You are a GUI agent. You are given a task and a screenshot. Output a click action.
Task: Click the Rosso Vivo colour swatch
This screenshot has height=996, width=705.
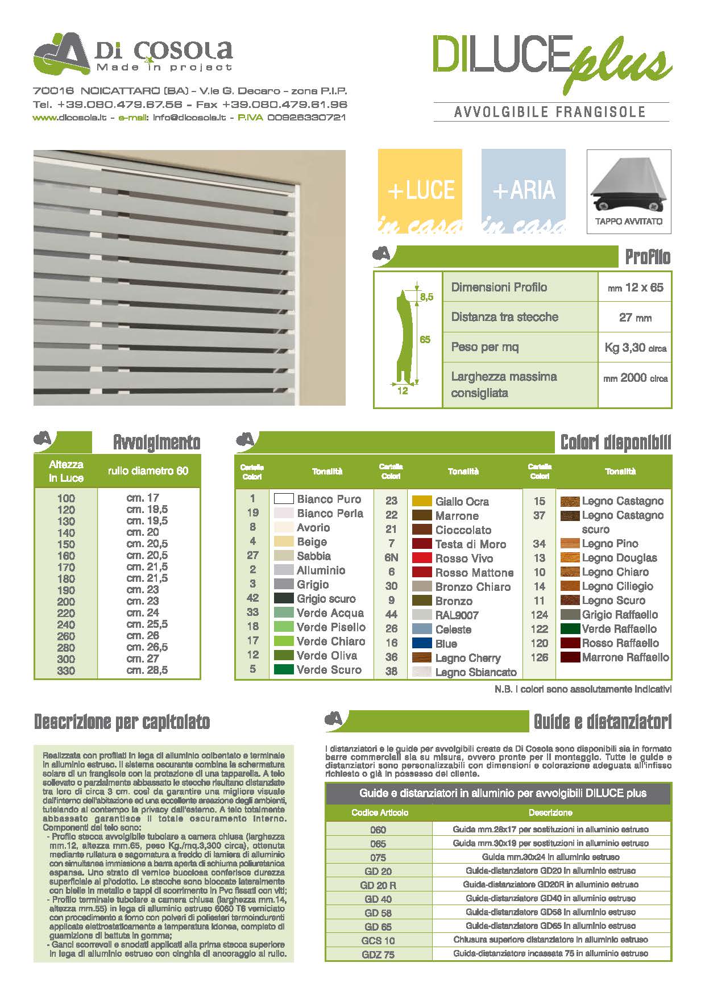click(422, 558)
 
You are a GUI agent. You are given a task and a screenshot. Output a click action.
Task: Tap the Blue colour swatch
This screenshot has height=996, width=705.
click(422, 643)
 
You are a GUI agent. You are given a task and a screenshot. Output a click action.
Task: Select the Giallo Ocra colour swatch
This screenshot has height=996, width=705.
click(422, 501)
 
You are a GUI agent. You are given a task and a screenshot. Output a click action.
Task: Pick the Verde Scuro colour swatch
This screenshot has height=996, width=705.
click(284, 669)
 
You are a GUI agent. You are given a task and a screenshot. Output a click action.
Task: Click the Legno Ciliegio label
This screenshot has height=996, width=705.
click(617, 586)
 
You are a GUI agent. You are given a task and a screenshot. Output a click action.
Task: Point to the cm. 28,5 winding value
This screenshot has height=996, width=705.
click(147, 670)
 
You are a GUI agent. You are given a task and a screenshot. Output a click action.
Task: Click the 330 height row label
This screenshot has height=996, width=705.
click(66, 670)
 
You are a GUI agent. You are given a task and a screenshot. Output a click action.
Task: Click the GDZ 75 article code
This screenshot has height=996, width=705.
click(378, 955)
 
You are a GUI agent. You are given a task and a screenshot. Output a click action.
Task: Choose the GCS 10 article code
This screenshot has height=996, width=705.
click(378, 940)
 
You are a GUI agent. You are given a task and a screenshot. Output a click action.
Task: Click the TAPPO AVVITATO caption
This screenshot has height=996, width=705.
click(629, 222)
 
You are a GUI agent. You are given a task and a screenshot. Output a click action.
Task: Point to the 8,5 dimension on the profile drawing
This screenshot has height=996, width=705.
click(426, 297)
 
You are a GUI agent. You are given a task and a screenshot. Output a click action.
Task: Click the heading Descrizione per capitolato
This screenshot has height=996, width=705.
click(122, 722)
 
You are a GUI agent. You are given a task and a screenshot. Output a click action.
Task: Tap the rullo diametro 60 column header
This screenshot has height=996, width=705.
click(148, 470)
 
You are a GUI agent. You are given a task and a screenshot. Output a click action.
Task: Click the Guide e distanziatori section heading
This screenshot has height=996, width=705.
click(602, 722)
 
